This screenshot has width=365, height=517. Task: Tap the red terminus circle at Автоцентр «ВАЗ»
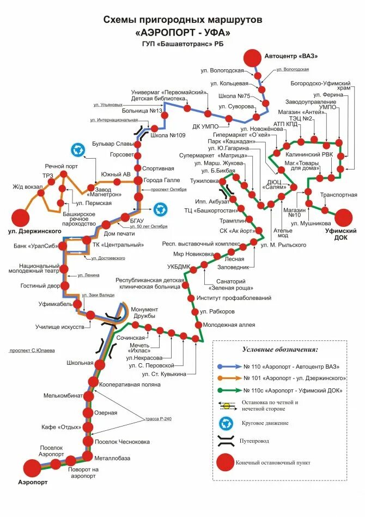pos(252,57)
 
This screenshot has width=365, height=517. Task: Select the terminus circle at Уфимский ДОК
pos(343,218)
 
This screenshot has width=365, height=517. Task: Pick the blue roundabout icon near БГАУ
pos(160,208)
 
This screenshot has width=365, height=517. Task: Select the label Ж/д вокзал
pos(28,187)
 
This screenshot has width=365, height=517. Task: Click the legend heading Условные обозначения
pos(280,349)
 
